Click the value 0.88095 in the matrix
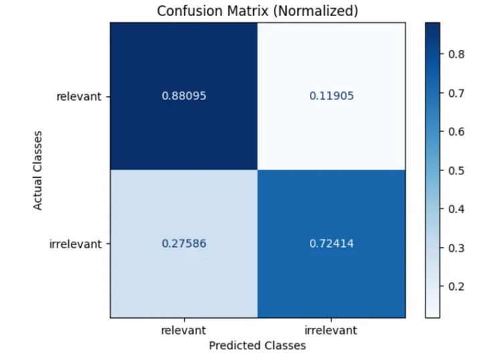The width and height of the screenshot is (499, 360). pos(184,96)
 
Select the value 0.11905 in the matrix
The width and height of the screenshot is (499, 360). pos(331,96)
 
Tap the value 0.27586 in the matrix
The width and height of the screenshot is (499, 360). pos(184,244)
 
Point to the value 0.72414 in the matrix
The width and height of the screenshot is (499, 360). pos(331,244)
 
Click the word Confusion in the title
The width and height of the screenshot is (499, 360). pos(190,11)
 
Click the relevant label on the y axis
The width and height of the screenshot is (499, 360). pos(79,96)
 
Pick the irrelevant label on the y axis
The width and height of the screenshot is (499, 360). pos(75,244)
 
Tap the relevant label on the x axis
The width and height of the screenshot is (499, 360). pos(183,331)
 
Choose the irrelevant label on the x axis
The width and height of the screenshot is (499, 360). pos(331,331)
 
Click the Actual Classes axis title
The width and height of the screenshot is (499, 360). pos(37,170)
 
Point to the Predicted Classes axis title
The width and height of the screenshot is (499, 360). pos(257,346)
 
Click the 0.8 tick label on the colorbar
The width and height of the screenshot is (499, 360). pos(456,54)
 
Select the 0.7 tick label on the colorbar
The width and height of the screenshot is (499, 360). pos(456,94)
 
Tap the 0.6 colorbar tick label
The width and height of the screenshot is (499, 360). pos(456,132)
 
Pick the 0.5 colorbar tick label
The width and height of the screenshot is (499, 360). pos(456,171)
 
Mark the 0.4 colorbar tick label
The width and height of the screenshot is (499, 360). pos(456,209)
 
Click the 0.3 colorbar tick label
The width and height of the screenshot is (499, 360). pos(456,248)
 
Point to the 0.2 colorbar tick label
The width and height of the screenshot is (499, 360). pos(456,287)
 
